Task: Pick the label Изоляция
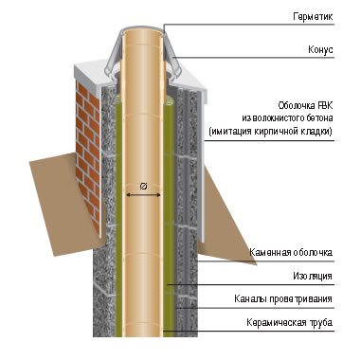[312, 277]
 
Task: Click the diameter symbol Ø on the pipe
[142, 185]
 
